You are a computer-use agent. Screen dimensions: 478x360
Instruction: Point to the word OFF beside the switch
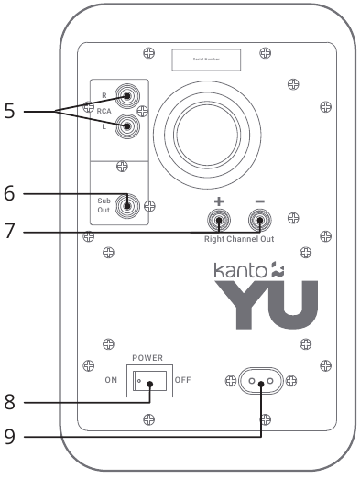182,379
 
